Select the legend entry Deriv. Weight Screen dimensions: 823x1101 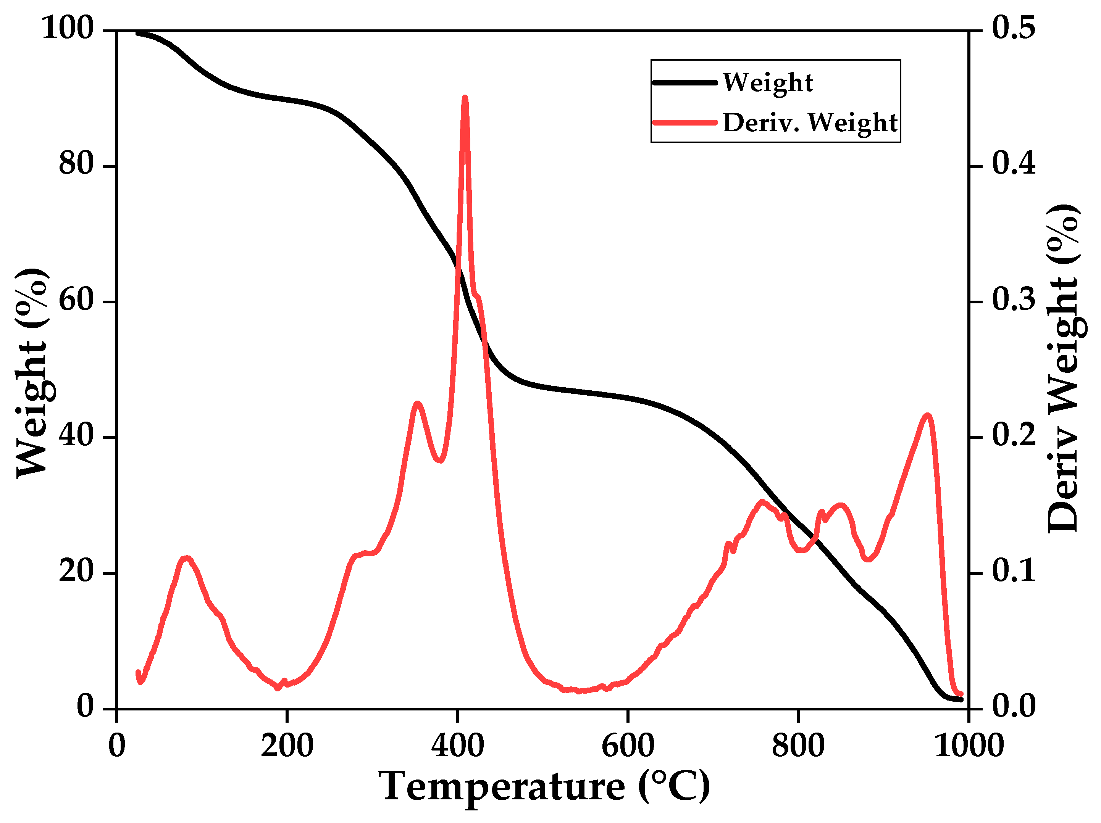click(x=810, y=123)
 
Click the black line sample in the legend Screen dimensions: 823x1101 click(x=684, y=82)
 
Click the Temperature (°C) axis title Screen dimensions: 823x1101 click(x=544, y=787)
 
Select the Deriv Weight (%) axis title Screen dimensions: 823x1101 click(x=1063, y=368)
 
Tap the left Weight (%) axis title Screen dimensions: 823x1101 click(x=32, y=373)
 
